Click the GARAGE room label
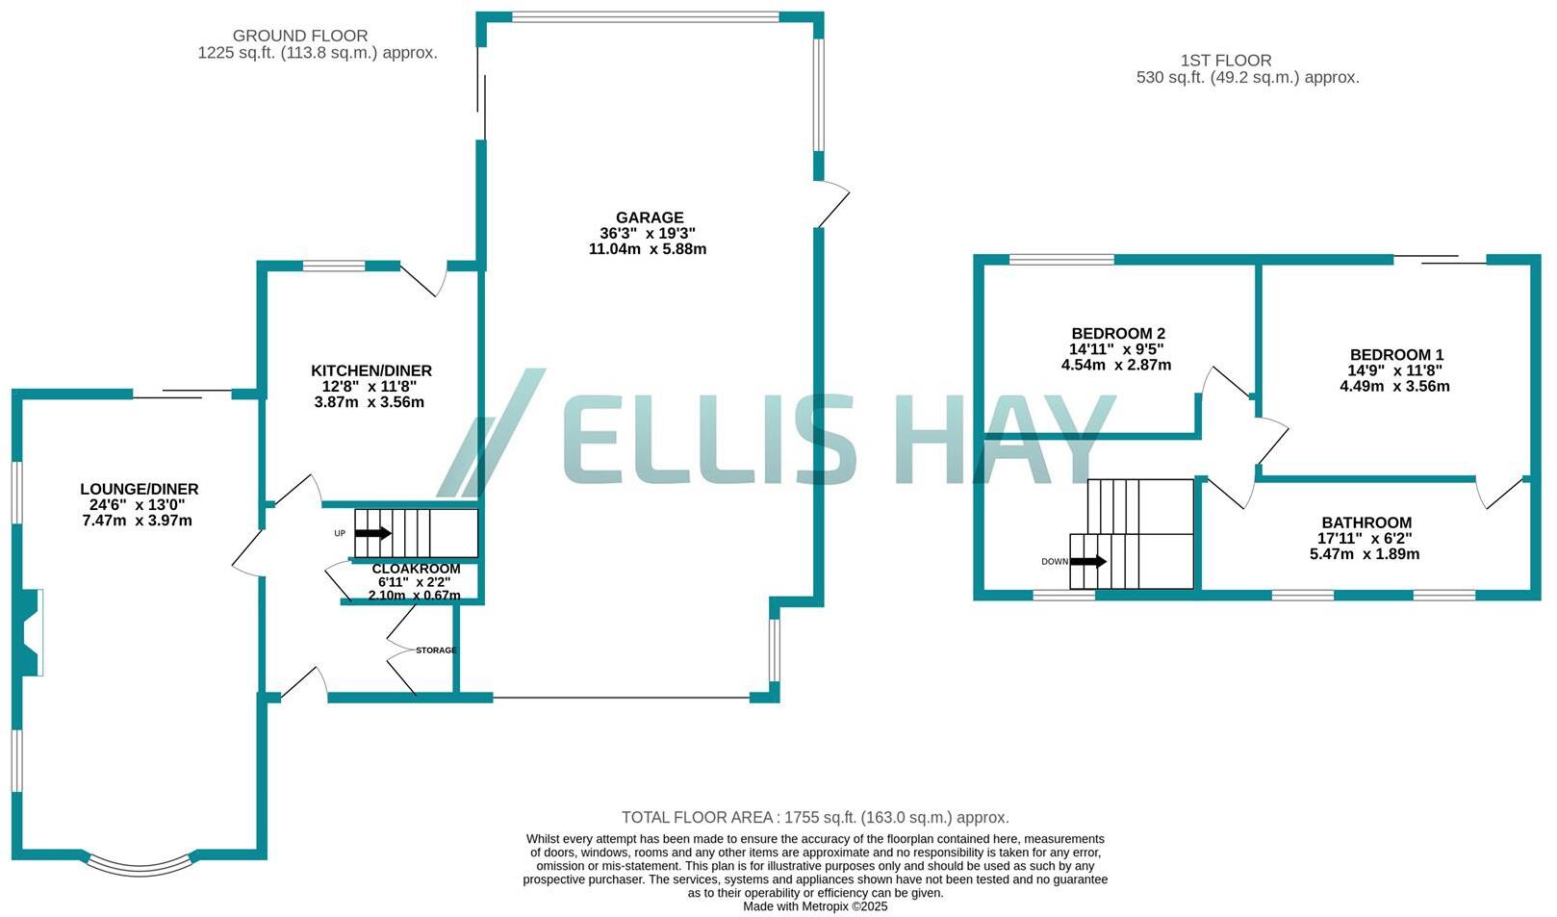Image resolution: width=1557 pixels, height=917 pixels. point(650,217)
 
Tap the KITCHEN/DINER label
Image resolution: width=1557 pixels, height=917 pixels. point(370,370)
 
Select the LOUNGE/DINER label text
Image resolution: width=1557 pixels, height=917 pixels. point(139,489)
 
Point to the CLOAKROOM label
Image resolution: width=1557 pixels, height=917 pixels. point(416,569)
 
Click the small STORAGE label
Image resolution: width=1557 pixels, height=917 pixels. point(436,650)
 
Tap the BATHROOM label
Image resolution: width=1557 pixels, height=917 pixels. point(1366,522)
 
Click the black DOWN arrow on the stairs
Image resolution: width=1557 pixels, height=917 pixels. point(1088,561)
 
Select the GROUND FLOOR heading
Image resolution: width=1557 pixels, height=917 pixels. point(299,36)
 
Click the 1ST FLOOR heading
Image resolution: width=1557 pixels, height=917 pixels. point(1226,61)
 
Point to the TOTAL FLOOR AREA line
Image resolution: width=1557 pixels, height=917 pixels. point(814,817)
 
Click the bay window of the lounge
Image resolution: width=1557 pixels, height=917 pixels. point(141,866)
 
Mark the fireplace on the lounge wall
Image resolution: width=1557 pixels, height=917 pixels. point(32,632)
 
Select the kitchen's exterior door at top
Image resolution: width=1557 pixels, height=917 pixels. point(424,278)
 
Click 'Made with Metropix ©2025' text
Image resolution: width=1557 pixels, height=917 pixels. point(814,906)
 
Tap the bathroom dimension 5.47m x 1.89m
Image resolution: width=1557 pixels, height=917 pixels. point(1364,554)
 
